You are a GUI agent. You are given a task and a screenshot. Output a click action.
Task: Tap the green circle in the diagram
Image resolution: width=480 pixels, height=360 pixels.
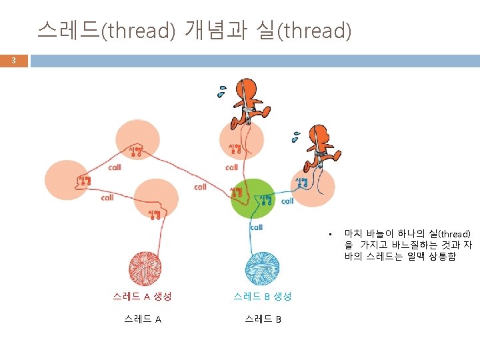(x=253, y=198)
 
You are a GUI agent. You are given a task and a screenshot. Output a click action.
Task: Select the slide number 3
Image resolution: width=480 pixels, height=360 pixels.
(x=13, y=61)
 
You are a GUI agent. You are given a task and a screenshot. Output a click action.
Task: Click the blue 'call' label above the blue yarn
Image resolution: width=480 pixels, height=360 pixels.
(x=257, y=227)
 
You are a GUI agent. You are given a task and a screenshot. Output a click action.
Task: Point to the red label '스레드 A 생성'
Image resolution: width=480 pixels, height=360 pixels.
(x=142, y=296)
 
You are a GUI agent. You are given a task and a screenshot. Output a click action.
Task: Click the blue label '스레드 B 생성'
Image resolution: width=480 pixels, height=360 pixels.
(x=262, y=296)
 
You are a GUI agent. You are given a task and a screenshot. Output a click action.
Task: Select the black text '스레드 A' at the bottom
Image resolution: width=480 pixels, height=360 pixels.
(x=142, y=319)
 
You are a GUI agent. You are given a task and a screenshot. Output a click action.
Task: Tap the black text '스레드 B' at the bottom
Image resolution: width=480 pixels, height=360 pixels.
(x=262, y=319)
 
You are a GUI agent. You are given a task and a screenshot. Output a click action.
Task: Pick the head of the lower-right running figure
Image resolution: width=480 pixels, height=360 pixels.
(x=324, y=135)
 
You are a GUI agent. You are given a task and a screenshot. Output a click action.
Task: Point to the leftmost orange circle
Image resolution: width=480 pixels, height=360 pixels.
(x=67, y=179)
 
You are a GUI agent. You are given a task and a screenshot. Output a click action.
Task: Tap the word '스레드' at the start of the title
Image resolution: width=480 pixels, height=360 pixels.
(x=67, y=30)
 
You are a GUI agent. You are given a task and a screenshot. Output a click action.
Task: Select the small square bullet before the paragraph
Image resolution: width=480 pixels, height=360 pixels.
(x=329, y=234)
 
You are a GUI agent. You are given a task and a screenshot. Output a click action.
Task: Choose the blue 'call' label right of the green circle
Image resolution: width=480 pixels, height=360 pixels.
(x=287, y=201)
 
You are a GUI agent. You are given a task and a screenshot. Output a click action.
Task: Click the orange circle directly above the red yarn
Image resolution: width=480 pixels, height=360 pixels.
(x=156, y=199)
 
